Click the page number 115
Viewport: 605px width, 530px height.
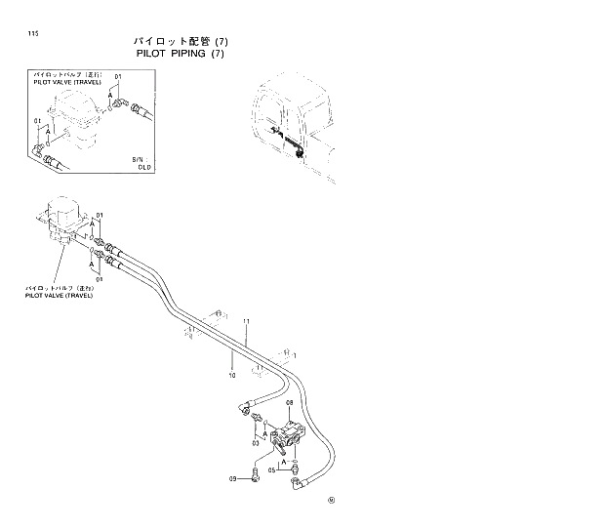(x=33, y=34)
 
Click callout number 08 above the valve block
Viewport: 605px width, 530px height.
(x=290, y=403)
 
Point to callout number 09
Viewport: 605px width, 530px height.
(x=233, y=478)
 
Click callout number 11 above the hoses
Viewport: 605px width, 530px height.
(x=247, y=322)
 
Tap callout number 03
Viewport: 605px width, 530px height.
(x=256, y=443)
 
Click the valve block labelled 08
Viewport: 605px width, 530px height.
(x=288, y=433)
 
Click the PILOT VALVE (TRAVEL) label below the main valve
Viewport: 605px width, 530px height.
(x=60, y=293)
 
